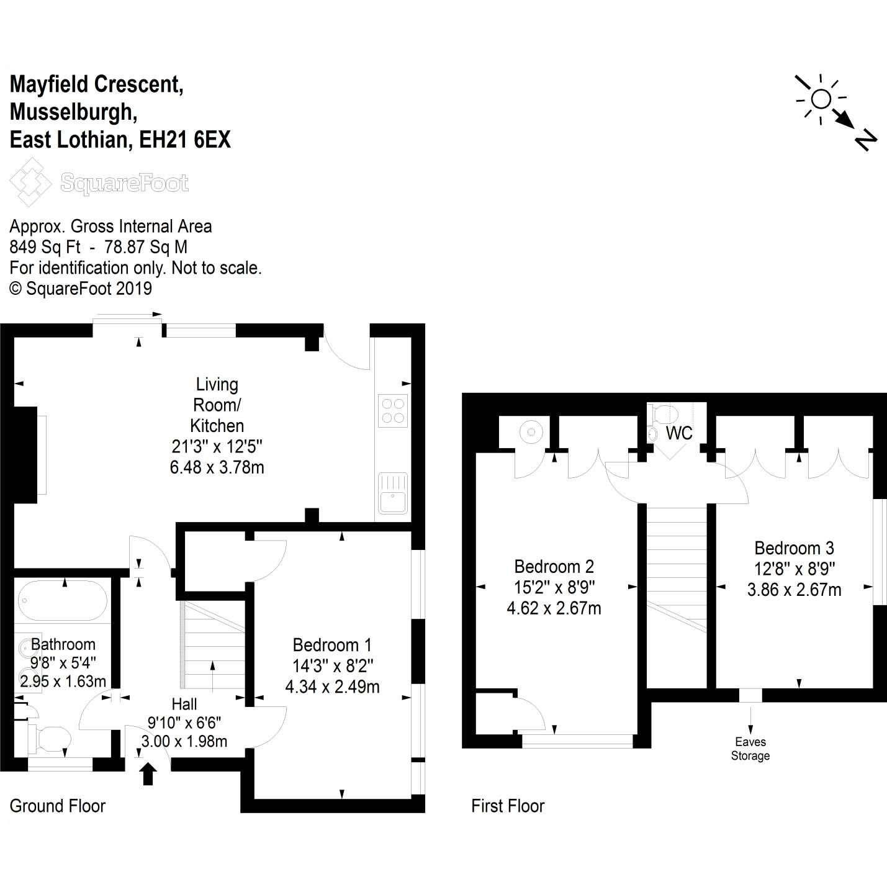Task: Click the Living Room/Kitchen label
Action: [217, 405]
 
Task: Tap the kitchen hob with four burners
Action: [393, 410]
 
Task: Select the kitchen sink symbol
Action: [393, 493]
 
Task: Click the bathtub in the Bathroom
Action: [63, 600]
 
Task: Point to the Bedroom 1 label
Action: [332, 645]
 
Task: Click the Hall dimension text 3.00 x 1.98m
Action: [184, 741]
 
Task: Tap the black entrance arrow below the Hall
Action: [148, 775]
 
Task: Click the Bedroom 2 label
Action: [554, 566]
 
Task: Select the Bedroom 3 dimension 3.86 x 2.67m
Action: [794, 590]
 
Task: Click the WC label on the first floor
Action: [679, 433]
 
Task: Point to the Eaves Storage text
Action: [750, 749]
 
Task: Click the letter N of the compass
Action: [865, 140]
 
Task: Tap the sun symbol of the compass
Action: [821, 99]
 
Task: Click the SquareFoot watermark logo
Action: [99, 182]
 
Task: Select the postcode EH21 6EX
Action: [185, 140]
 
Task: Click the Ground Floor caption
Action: [58, 806]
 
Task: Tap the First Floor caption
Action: [508, 806]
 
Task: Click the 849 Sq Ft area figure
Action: [45, 247]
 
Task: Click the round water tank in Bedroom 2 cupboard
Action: [531, 431]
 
